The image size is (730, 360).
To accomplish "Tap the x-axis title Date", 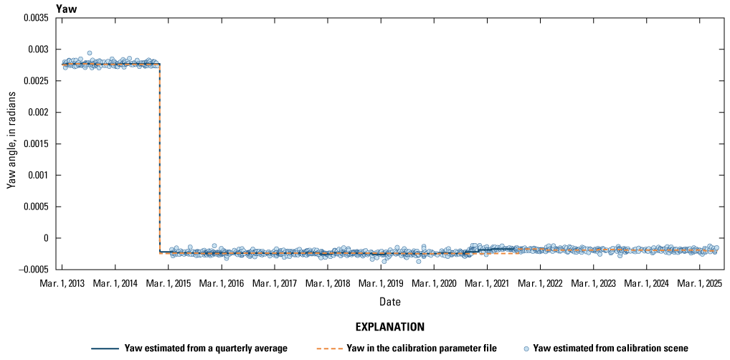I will [391, 301].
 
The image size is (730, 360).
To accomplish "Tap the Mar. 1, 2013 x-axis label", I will [62, 284].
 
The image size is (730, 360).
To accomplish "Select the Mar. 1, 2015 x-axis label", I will [168, 284].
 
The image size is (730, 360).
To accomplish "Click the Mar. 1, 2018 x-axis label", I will [328, 284].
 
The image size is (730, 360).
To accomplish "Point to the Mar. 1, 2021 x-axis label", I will [488, 284].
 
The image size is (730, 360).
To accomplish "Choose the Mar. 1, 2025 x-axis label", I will [700, 284].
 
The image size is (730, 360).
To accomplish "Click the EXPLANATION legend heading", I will [390, 326].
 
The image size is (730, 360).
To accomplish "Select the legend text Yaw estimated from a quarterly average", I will [206, 348].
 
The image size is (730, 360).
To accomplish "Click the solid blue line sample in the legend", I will [105, 349].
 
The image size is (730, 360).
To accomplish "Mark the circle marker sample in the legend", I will [527, 349].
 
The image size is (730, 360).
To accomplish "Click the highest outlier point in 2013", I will [89, 53].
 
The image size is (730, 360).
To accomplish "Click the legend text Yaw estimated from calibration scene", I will [610, 348].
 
